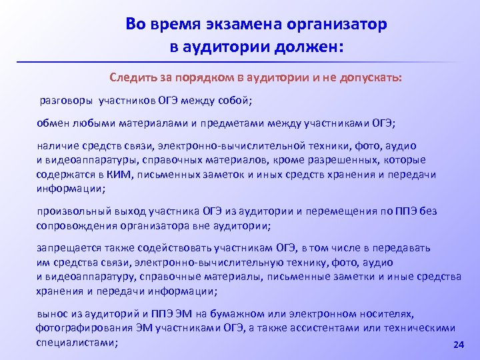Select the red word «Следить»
pyautogui.click(x=133, y=77)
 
